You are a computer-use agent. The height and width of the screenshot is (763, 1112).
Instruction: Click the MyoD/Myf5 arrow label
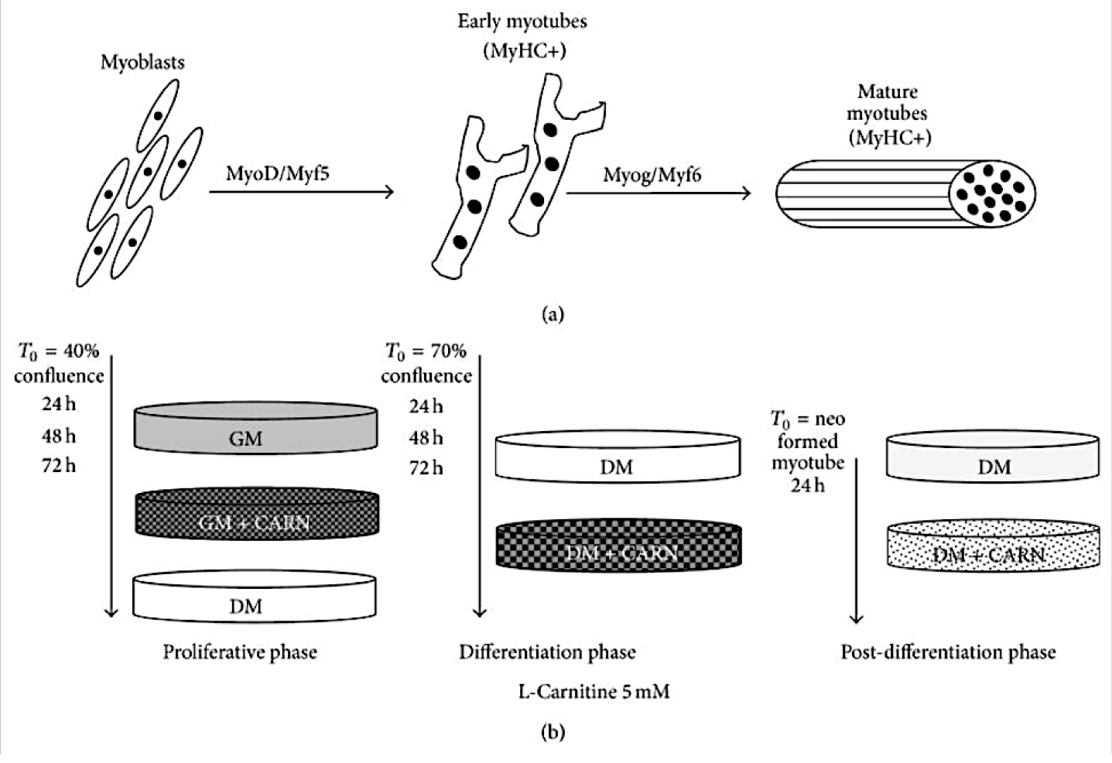(x=278, y=174)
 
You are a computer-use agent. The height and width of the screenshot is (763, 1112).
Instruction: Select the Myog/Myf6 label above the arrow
(x=652, y=175)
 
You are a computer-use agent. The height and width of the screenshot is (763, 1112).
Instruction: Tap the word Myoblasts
(x=142, y=63)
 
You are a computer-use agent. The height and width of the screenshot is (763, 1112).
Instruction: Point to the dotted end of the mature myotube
(x=992, y=193)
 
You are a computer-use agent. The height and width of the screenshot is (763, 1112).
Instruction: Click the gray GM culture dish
(x=255, y=428)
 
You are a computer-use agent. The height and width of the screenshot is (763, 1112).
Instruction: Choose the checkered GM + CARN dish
(x=257, y=513)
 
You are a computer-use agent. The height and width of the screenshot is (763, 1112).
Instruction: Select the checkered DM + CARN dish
(x=618, y=545)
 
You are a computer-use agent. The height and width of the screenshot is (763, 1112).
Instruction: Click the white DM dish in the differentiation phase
(x=618, y=457)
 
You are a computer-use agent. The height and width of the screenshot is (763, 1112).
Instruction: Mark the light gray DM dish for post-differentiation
(x=993, y=457)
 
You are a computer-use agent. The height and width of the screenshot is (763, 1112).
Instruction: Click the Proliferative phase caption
(x=240, y=652)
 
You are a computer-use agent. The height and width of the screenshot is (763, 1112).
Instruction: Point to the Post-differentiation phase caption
(x=948, y=652)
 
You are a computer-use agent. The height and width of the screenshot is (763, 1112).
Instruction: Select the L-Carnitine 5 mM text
(x=594, y=692)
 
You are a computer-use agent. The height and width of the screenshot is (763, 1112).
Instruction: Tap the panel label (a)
(x=553, y=314)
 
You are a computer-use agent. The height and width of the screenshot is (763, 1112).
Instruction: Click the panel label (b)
(x=553, y=732)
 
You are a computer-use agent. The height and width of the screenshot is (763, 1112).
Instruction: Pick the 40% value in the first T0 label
(x=81, y=351)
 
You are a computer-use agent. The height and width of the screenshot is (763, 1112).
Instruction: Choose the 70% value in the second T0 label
(x=448, y=351)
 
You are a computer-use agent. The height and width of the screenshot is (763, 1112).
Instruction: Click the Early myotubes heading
(x=522, y=22)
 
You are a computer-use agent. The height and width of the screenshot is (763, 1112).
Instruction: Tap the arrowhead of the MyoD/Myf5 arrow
(x=390, y=192)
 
